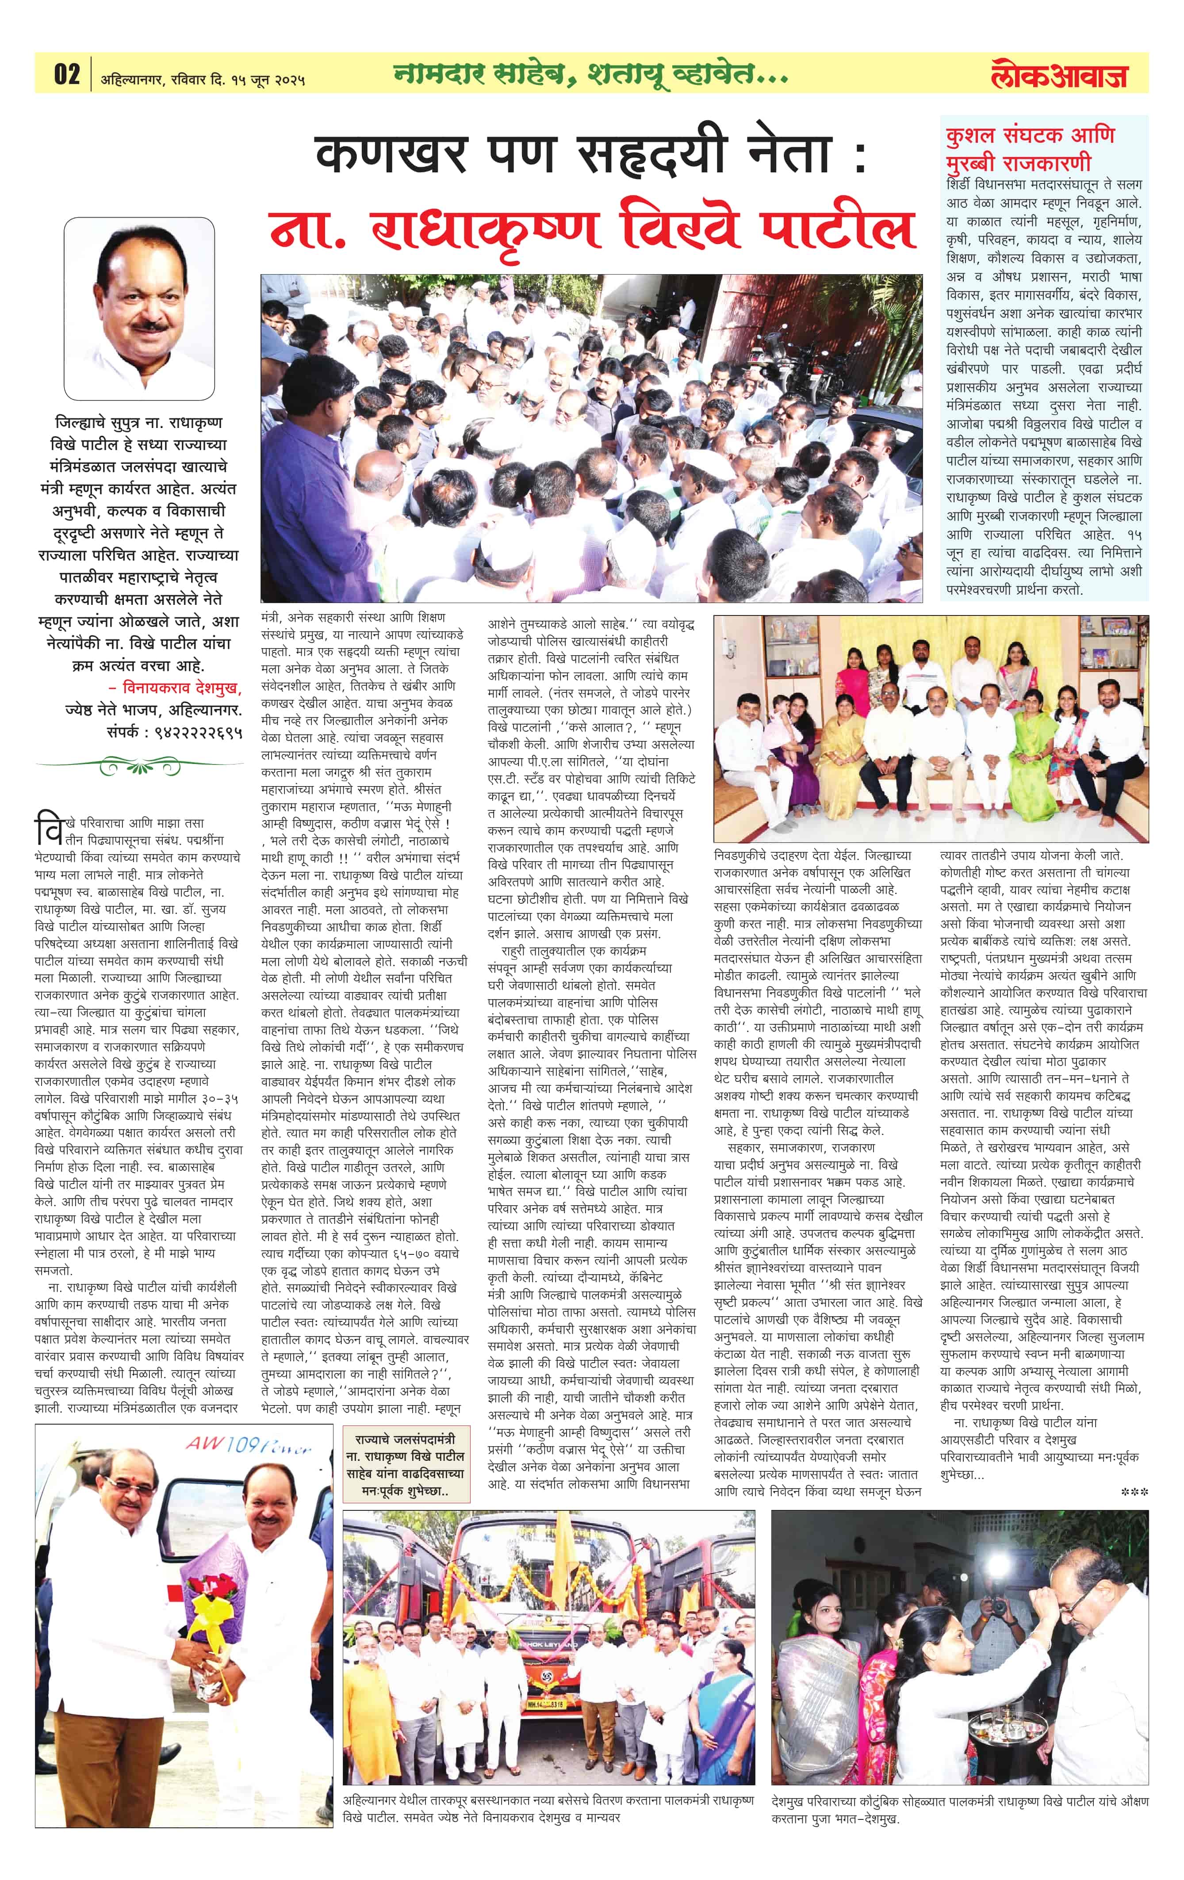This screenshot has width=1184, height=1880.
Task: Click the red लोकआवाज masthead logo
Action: tap(1058, 76)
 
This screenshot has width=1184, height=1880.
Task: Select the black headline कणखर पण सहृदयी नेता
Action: tap(590, 155)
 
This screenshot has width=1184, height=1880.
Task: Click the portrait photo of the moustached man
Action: tap(139, 309)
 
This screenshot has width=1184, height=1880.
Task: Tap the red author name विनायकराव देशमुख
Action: tap(181, 688)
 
